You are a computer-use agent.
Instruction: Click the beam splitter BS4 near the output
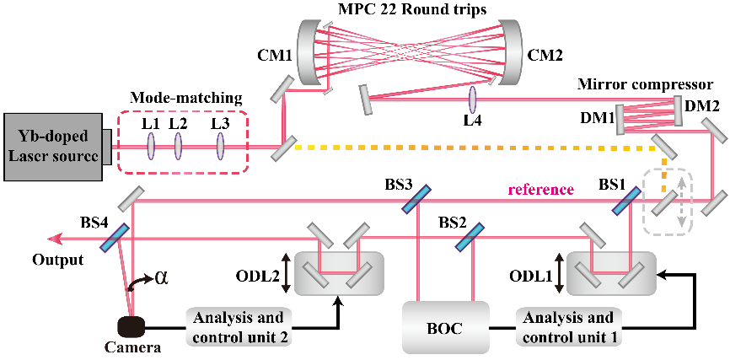click(114, 237)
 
